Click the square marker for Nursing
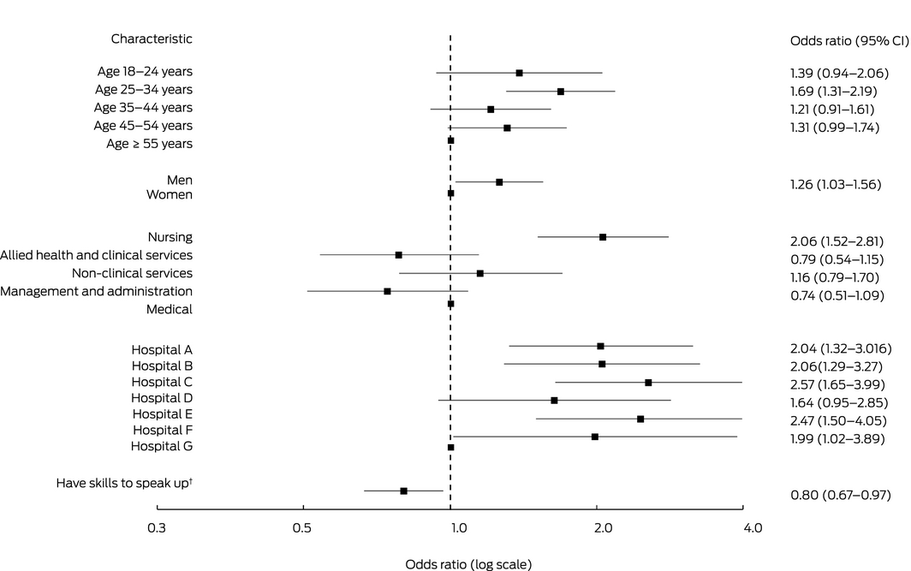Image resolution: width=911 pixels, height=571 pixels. point(603,237)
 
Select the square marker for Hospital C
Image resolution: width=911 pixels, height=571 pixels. point(648,383)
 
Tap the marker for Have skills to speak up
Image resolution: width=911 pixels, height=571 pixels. point(403,491)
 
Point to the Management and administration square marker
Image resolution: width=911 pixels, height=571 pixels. point(387,291)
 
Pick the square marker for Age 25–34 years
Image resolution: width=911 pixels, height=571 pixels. point(561,92)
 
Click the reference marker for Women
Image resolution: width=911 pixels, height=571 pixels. point(450,193)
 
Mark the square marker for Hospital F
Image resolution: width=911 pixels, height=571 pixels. point(595,437)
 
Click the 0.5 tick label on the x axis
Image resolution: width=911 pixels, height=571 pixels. point(301,529)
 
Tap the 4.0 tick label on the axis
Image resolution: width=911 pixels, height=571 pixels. point(752,529)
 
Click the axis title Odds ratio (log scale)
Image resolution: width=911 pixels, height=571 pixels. point(467,564)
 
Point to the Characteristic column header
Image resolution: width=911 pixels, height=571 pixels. point(152,39)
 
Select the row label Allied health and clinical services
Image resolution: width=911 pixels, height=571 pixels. point(96,255)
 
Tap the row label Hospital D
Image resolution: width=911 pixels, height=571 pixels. point(162,398)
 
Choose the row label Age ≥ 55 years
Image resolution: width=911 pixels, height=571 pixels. point(149,144)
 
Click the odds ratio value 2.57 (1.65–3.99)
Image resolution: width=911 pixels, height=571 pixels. point(837,384)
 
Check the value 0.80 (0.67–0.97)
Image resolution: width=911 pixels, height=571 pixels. point(839,495)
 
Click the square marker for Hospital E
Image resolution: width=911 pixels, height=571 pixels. point(640,419)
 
